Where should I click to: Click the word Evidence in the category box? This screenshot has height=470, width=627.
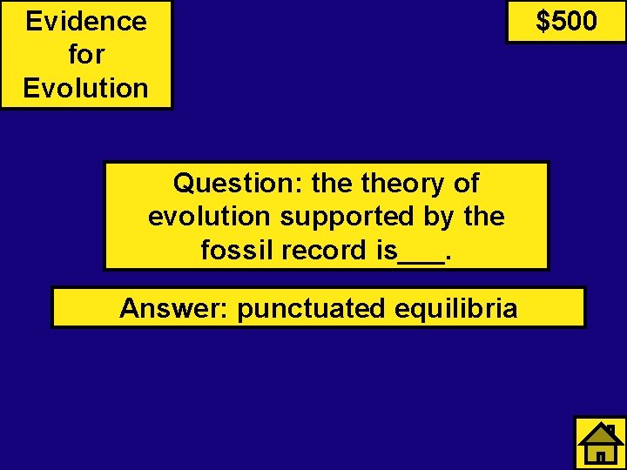coord(86,21)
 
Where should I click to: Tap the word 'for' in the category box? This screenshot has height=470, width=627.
coord(86,54)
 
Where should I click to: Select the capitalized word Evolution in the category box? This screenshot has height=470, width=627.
coord(86,88)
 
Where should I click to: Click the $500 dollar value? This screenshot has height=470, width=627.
coord(566,21)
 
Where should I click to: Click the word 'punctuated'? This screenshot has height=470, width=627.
coord(310,308)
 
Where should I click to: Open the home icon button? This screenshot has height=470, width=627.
coord(601,443)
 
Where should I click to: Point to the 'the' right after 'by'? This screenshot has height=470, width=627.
coord(484,217)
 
